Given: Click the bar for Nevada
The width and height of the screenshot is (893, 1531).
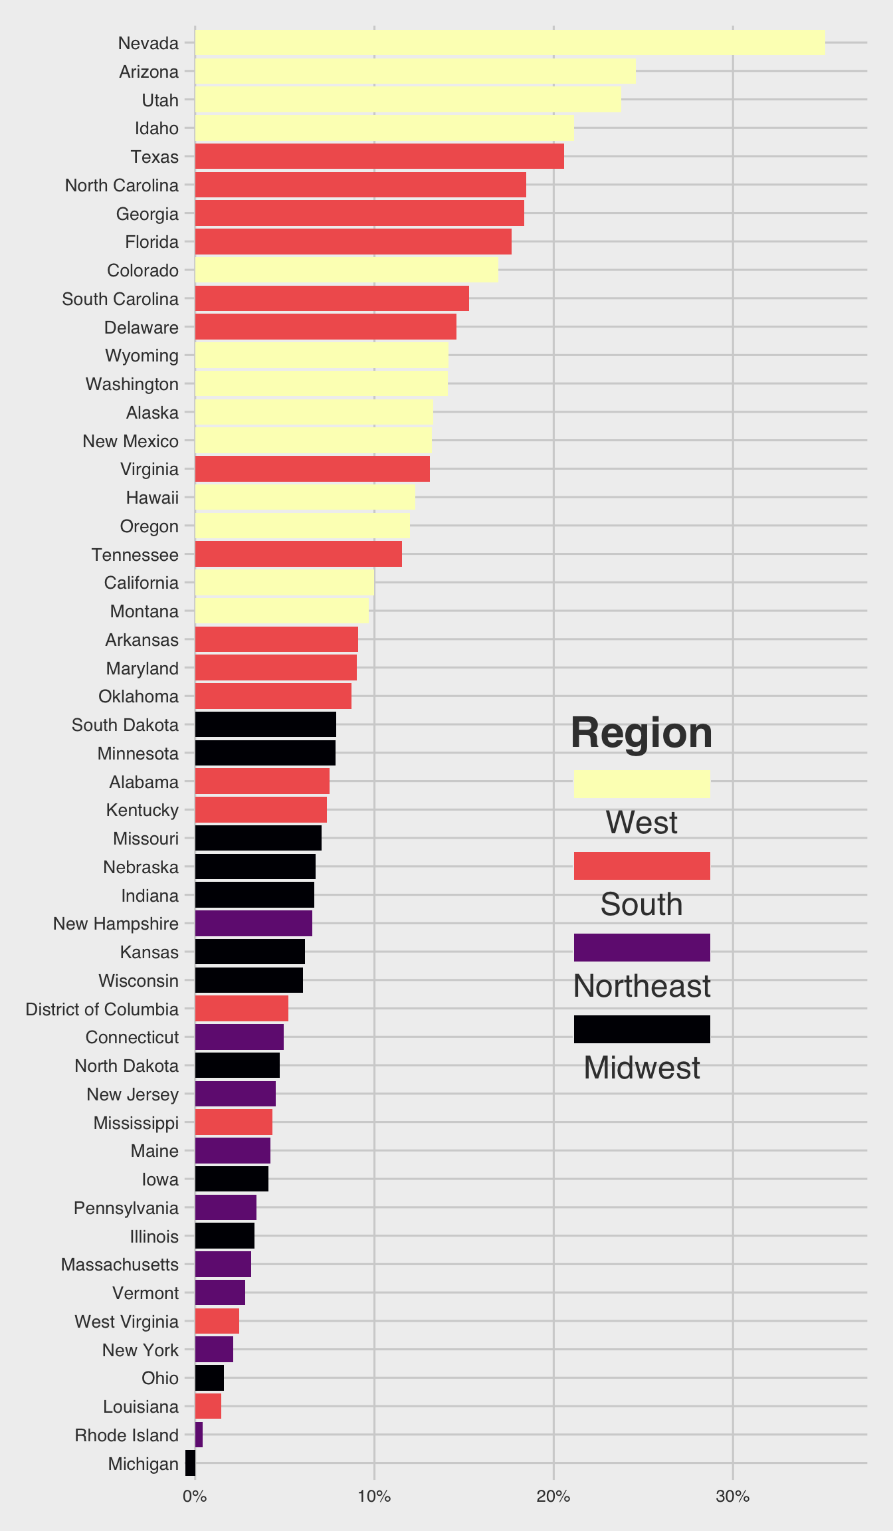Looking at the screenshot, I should (x=510, y=43).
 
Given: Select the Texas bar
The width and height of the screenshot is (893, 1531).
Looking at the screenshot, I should (x=379, y=156).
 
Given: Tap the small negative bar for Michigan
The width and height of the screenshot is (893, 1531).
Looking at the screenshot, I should (x=191, y=1463).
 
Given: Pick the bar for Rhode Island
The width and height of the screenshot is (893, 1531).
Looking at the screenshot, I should (x=199, y=1435).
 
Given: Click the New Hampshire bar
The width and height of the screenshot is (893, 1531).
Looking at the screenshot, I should (x=253, y=924).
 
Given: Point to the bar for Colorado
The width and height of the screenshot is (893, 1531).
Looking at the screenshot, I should (x=346, y=270).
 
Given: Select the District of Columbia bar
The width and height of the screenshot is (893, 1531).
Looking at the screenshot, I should (x=241, y=1009).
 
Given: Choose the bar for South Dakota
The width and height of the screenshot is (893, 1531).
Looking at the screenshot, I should (x=265, y=724).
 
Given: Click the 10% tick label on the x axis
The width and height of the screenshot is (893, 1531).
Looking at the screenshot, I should (x=374, y=1497).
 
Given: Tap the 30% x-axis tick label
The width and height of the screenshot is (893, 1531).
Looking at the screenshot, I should (x=733, y=1497).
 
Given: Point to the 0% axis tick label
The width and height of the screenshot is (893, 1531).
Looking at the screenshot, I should (x=195, y=1497).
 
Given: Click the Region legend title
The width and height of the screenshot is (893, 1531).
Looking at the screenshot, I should (x=641, y=733).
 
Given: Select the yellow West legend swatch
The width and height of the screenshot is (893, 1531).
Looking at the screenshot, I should (x=641, y=784).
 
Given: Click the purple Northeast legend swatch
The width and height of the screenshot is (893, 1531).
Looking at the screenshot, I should (x=641, y=948).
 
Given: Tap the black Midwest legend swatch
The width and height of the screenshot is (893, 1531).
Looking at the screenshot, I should (x=641, y=1029).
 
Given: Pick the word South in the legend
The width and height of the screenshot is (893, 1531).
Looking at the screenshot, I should (x=641, y=904).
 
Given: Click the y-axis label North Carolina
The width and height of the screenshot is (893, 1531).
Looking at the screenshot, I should (x=122, y=185).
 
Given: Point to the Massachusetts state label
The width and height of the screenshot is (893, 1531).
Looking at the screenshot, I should (x=120, y=1265).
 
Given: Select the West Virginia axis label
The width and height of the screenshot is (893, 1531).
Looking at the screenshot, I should (x=126, y=1322).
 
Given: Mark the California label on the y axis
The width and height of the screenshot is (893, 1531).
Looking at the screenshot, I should (x=142, y=583).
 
